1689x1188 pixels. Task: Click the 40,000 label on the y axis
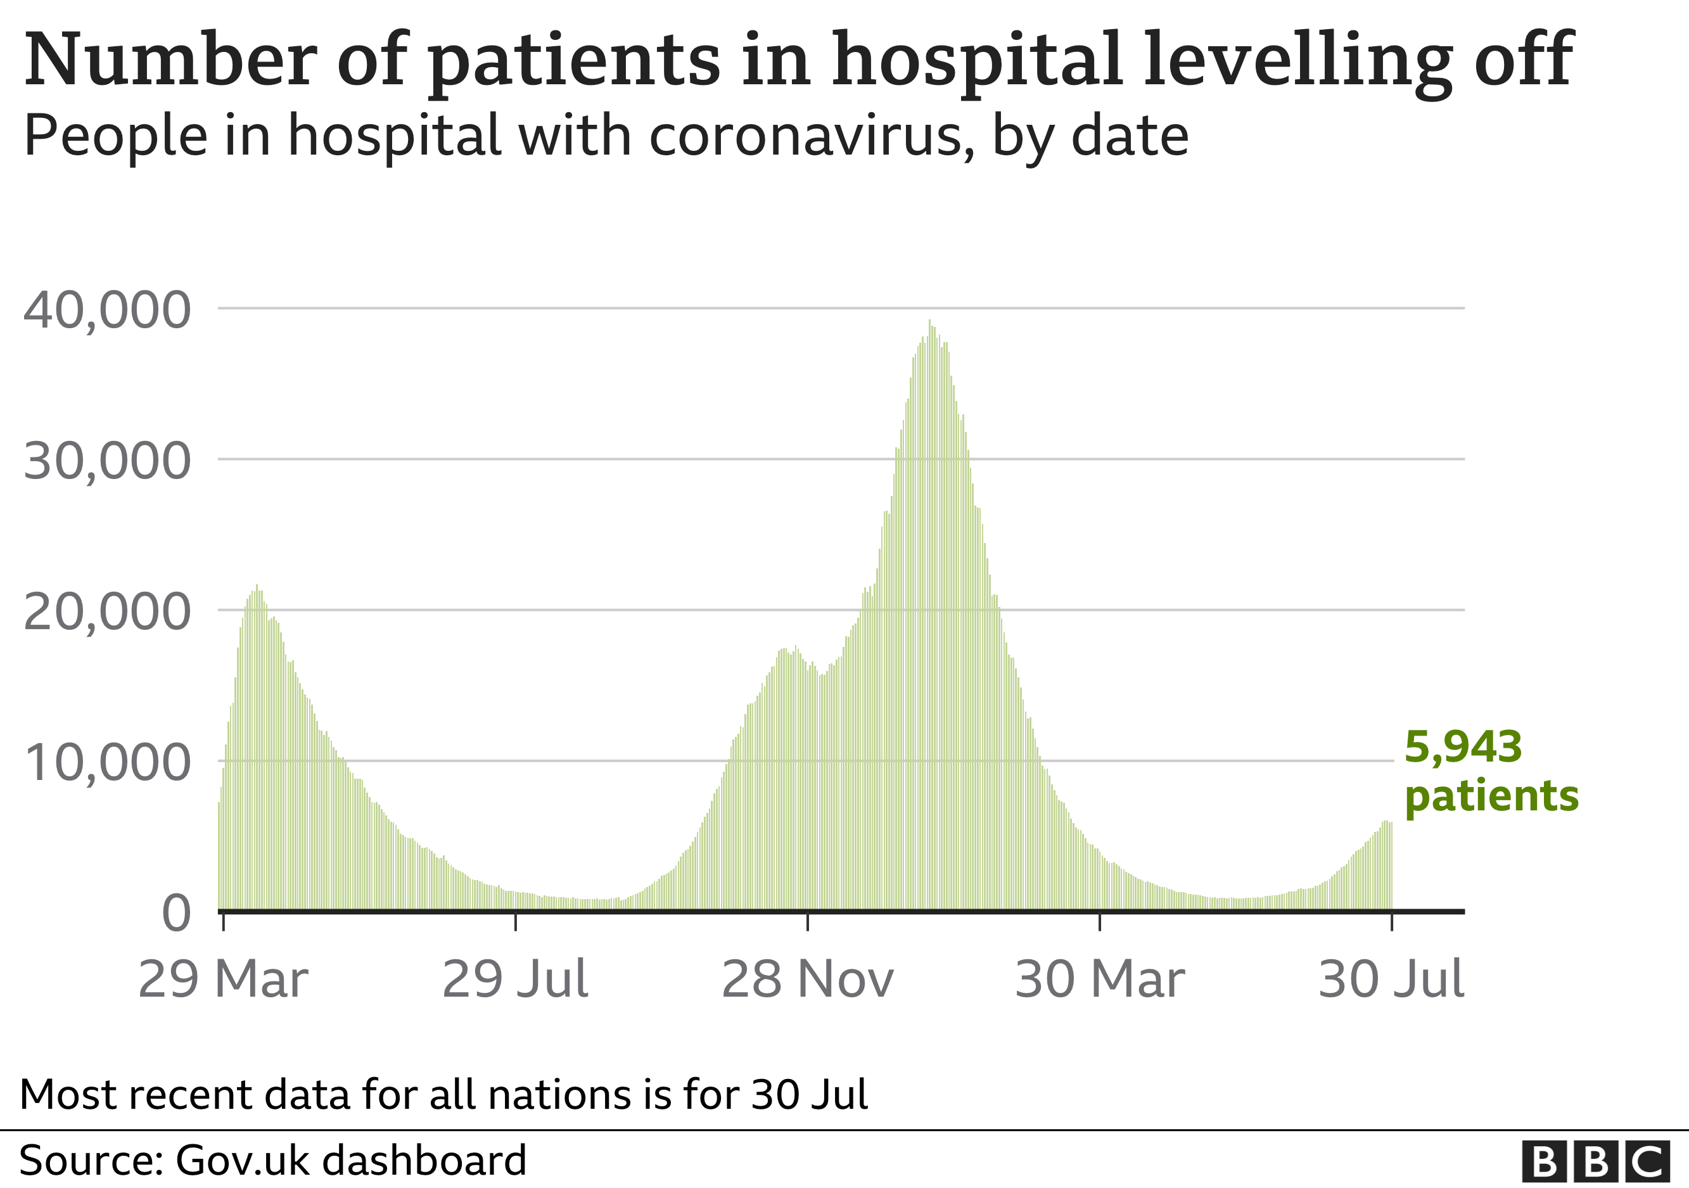[x=108, y=310]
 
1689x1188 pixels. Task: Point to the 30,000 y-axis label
[x=108, y=462]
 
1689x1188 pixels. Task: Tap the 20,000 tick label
[x=108, y=613]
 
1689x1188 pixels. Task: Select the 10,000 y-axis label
[x=108, y=763]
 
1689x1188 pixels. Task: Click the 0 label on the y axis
[x=177, y=914]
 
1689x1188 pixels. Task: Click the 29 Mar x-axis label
[x=223, y=979]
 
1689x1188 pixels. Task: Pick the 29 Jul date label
[x=515, y=979]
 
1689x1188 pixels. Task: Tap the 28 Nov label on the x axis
[x=807, y=979]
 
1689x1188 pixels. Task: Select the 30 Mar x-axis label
[x=1099, y=979]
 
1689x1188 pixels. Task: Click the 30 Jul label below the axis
[x=1391, y=979]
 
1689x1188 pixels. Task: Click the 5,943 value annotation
[x=1462, y=748]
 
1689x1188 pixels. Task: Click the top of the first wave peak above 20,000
[x=257, y=586]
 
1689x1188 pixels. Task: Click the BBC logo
[x=1595, y=1162]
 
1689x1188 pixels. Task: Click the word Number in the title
[x=170, y=60]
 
